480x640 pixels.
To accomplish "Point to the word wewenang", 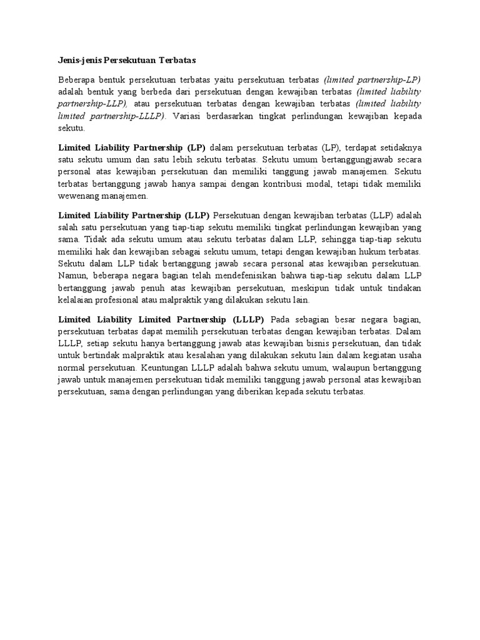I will tap(78, 196).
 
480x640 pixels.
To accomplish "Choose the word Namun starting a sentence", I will tap(72, 275).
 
